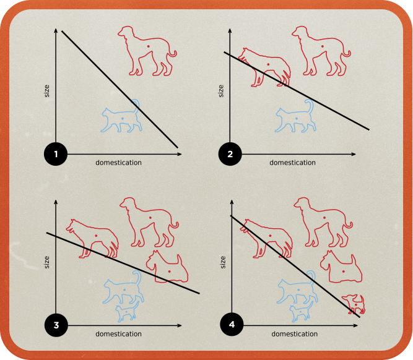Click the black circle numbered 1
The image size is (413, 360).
[x=56, y=154]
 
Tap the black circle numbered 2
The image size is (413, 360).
[x=230, y=154]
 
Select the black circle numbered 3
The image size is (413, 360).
[x=56, y=325]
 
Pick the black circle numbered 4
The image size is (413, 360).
[x=230, y=325]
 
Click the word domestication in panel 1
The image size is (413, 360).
[x=118, y=163]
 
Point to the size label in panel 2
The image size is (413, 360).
[x=222, y=90]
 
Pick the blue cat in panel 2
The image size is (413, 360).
[x=294, y=117]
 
